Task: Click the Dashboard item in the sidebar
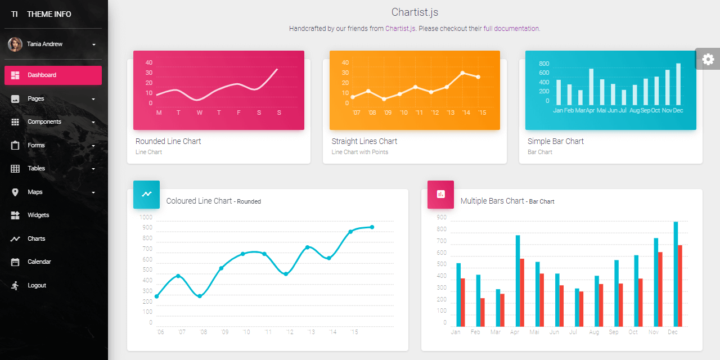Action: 53,75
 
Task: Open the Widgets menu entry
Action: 38,215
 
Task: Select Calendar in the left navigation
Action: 39,262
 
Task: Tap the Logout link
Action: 37,285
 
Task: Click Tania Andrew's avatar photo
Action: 15,44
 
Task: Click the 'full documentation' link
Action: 511,28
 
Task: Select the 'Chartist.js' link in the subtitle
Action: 400,28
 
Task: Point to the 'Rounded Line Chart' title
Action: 168,141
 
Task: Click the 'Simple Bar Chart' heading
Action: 555,141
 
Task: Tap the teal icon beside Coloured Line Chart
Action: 146,194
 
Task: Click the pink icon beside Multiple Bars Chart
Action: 440,194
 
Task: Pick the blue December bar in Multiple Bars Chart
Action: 676,274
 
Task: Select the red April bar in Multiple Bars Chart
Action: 522,292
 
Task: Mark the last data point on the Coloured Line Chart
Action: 372,227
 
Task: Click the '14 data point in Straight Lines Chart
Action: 462,73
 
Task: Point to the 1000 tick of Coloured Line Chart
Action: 146,217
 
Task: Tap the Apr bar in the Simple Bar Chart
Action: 591,87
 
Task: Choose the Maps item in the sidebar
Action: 35,192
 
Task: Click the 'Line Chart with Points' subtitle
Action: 359,152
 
